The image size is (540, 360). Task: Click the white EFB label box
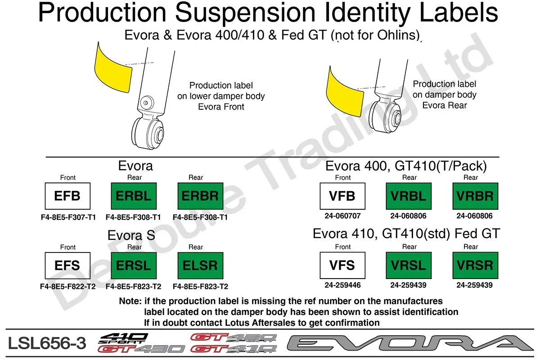click(67, 196)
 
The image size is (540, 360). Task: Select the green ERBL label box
click(134, 196)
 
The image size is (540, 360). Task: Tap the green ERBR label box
click(200, 196)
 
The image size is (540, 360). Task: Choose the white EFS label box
click(67, 265)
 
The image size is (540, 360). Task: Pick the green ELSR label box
click(200, 265)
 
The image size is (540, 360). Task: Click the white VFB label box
click(342, 196)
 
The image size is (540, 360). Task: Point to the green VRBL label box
click(409, 196)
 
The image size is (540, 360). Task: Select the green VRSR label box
click(475, 265)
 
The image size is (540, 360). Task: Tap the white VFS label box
click(342, 265)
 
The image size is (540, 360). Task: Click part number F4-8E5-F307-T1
click(68, 217)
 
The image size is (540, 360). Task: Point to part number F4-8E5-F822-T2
click(68, 287)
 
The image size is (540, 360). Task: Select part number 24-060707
click(342, 216)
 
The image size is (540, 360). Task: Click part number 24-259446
click(342, 285)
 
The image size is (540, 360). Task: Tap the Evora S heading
click(131, 235)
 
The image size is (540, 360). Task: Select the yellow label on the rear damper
click(344, 93)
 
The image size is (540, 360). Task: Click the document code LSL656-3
click(47, 343)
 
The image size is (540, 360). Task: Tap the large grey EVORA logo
click(410, 343)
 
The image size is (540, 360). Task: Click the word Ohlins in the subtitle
click(398, 35)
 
